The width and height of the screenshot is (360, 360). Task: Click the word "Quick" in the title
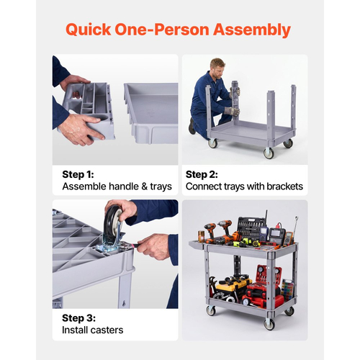[x=89, y=30]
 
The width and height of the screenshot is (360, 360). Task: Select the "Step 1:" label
[x=78, y=174]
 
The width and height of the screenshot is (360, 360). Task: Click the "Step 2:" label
[x=202, y=174]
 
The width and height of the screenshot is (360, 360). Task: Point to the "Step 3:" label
[x=78, y=318]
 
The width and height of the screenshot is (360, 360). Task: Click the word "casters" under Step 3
[x=108, y=330]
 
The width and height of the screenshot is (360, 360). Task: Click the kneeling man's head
[x=217, y=68]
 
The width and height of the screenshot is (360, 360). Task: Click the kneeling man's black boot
[x=192, y=126]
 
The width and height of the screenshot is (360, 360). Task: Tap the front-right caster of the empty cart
[x=269, y=153]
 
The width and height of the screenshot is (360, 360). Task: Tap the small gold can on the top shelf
[x=201, y=236]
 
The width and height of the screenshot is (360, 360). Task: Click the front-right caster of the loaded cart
[x=269, y=324]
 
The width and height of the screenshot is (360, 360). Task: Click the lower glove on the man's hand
[x=232, y=112]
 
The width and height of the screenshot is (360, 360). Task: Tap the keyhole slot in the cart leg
[x=124, y=304]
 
